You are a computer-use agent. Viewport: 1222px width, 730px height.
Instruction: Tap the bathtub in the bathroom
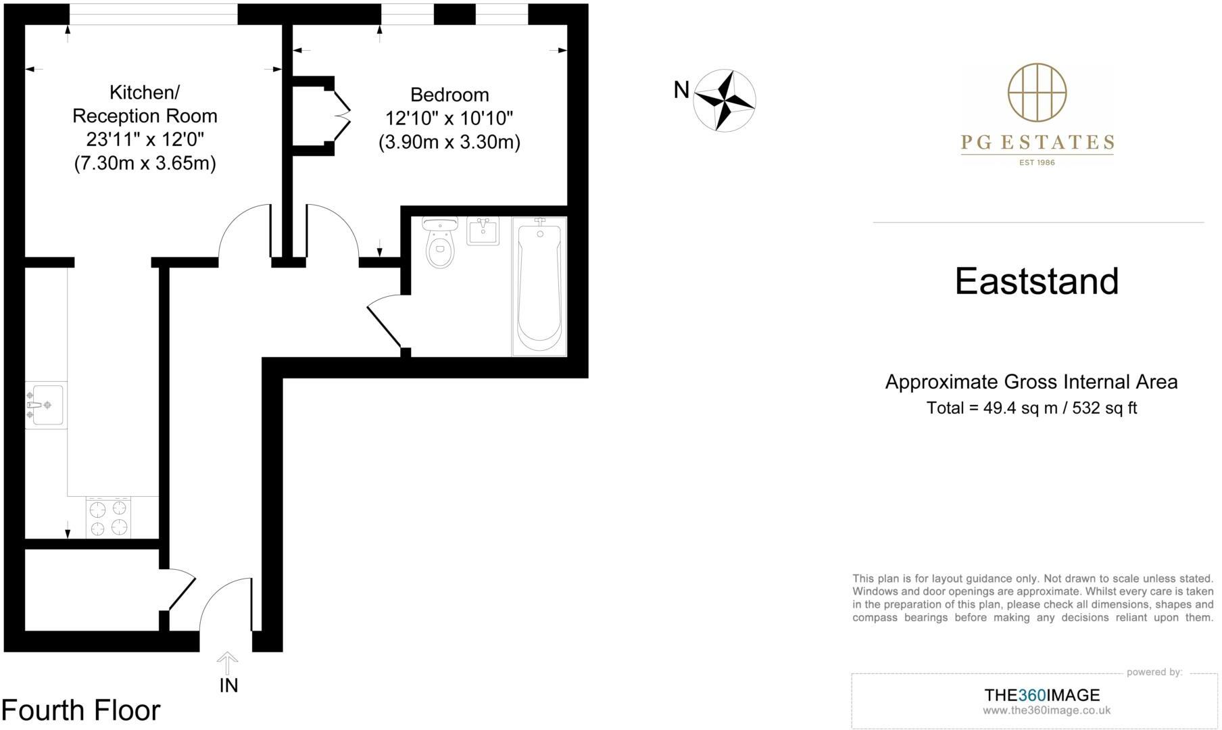coord(539,285)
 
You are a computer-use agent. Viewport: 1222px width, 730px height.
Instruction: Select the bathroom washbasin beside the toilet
coord(483,231)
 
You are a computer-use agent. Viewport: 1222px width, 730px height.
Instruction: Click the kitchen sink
coord(45,405)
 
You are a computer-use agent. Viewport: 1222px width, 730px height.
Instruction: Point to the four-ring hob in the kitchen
coord(108,518)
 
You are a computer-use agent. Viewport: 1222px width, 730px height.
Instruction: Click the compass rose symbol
coord(725,100)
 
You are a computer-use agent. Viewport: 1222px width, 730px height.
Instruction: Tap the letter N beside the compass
coord(681,90)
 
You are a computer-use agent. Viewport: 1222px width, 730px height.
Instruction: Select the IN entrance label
coord(228,685)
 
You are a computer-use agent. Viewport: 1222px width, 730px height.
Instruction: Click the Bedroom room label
coord(449,95)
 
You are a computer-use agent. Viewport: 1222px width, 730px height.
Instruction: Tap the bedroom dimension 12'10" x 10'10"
coord(449,118)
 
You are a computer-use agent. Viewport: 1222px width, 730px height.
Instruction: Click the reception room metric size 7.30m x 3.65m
coord(145,164)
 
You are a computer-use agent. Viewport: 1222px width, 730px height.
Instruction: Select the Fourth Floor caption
coord(81,710)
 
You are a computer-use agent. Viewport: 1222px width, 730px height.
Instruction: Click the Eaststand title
coord(1037,281)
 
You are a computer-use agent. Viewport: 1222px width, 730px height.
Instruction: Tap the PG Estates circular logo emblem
coord(1037,93)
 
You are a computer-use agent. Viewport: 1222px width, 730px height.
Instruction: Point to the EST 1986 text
coord(1037,162)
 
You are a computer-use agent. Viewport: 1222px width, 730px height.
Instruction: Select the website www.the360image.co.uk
coord(1046,710)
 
